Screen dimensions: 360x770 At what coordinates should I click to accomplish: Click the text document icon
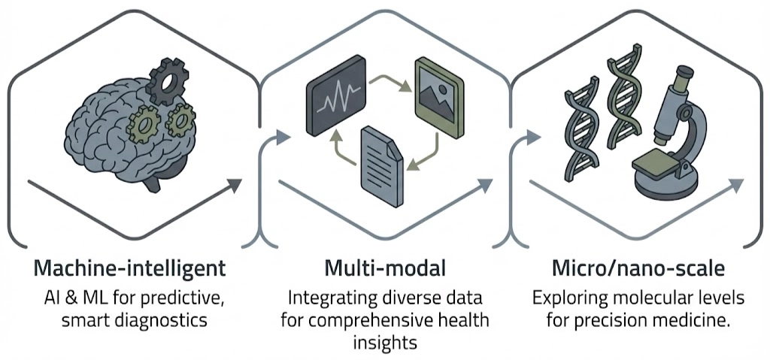coord(383,160)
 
